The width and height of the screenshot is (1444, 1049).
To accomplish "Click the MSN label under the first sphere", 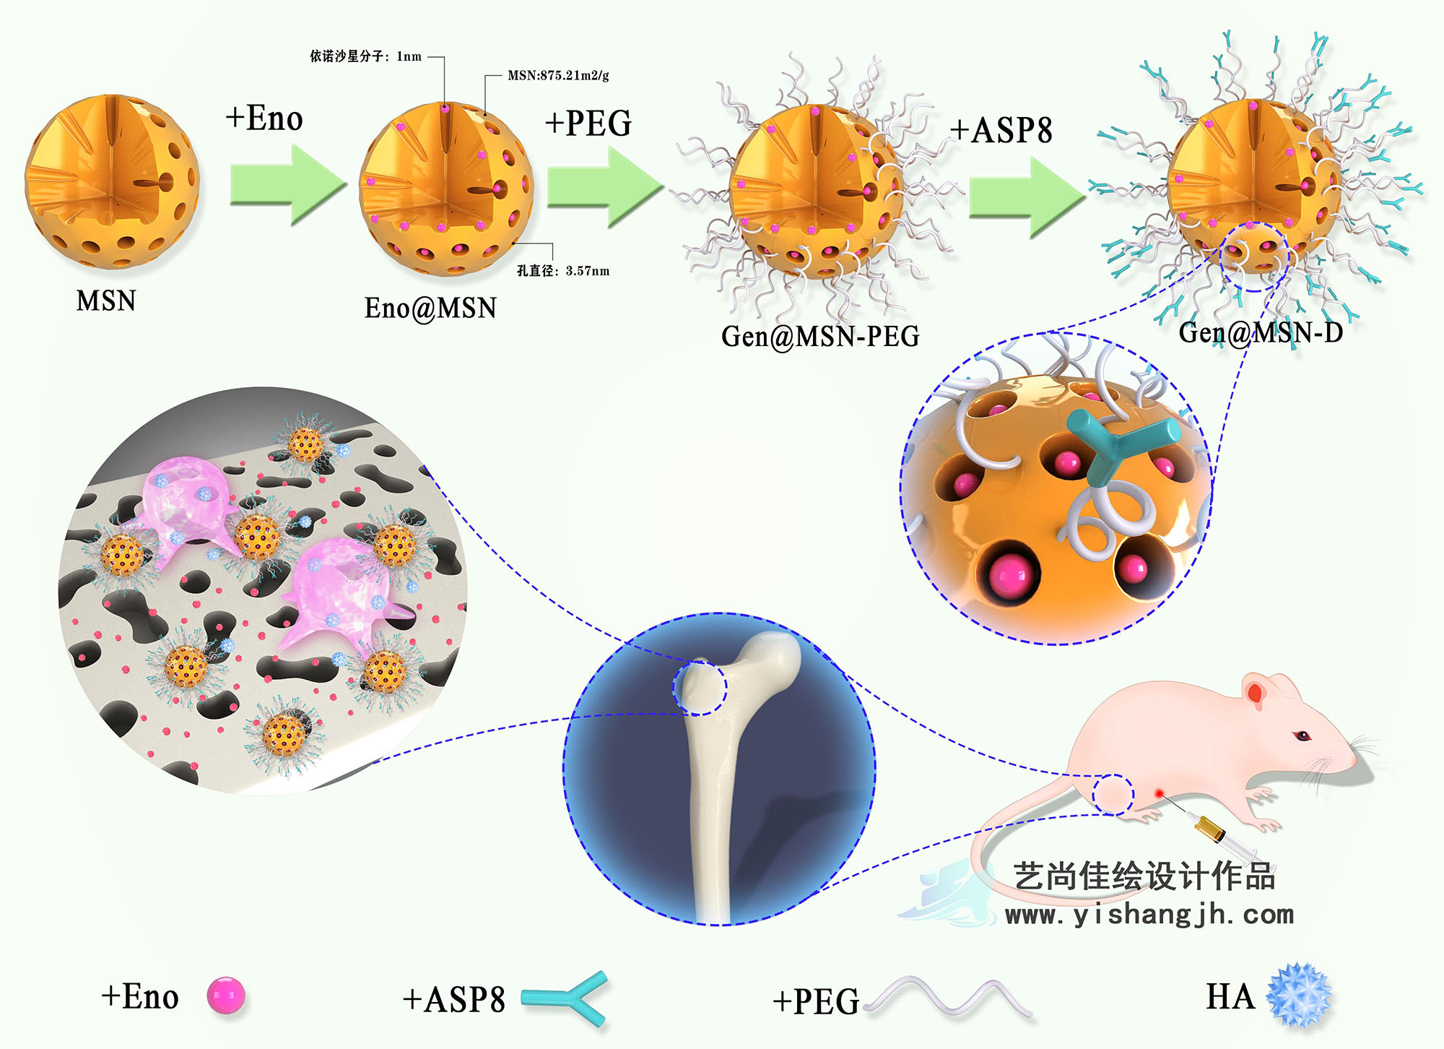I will click(x=106, y=301).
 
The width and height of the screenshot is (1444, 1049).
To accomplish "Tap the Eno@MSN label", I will click(x=430, y=308).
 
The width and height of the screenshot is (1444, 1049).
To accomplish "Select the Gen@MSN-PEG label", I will click(x=820, y=337).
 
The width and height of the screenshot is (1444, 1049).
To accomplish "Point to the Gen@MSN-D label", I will click(x=1261, y=332).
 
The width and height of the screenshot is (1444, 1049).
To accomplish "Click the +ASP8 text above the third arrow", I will click(x=1001, y=131).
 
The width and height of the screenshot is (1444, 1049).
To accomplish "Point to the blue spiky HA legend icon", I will click(x=1300, y=995).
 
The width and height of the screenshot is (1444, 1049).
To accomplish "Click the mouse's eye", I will click(x=1302, y=736).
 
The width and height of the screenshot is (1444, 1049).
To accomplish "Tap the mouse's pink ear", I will click(x=1255, y=692).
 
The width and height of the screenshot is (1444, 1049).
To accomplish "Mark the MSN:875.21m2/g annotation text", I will click(x=558, y=75).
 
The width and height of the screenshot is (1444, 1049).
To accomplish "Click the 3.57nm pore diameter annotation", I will click(x=563, y=271).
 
